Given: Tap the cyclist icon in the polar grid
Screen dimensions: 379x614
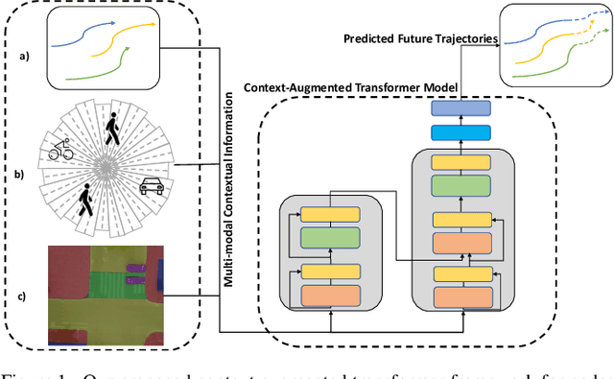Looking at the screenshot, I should [60, 150].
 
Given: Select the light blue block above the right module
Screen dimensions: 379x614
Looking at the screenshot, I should [462, 134].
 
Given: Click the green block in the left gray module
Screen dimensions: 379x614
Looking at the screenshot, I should [328, 238].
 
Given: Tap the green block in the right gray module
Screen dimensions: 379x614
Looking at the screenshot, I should [462, 186].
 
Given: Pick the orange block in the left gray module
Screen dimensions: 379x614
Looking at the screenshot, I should [328, 296].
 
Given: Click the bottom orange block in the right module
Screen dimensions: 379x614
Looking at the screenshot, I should [462, 297].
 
